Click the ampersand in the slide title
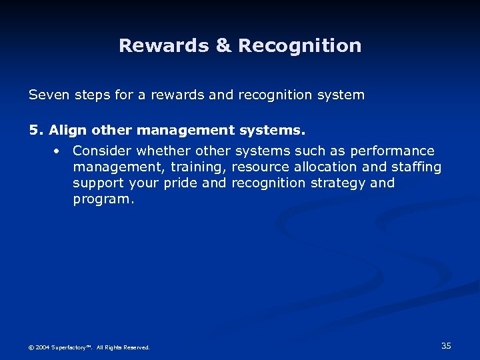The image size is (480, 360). (x=223, y=46)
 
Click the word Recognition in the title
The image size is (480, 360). (x=300, y=46)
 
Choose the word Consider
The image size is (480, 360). (x=101, y=151)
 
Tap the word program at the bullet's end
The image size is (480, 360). (x=102, y=199)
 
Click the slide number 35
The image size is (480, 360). (x=446, y=345)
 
